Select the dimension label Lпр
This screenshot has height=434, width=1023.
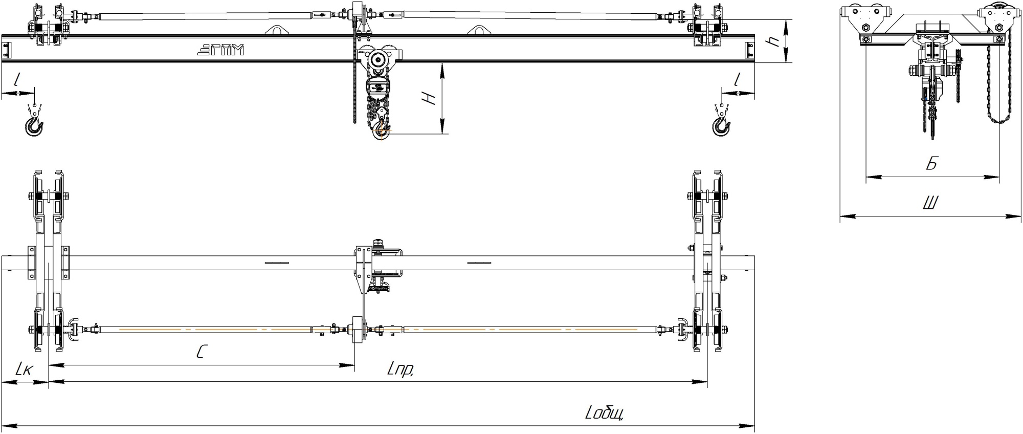(x=401, y=369)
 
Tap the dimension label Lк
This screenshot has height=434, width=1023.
(x=24, y=369)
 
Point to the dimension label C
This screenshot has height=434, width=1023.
(x=202, y=351)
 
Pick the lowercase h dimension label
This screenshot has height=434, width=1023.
(x=775, y=41)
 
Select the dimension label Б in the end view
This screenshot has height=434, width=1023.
(x=931, y=164)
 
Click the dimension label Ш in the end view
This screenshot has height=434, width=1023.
(x=930, y=203)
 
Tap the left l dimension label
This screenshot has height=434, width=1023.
(x=18, y=79)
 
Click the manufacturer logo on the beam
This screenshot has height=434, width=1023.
(x=220, y=50)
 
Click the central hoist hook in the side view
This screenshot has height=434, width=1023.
(x=381, y=129)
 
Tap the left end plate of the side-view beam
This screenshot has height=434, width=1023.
(x=6, y=50)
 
